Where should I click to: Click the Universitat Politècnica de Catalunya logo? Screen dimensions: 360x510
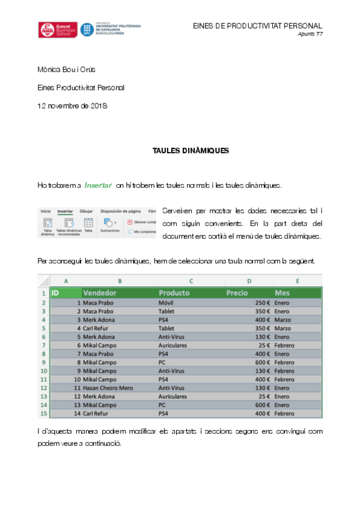(111, 30)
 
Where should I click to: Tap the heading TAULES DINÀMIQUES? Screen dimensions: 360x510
(191, 151)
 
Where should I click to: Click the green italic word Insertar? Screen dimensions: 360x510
(98, 185)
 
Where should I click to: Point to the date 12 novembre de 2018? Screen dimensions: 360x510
(72, 106)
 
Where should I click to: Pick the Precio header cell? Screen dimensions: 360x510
(237, 293)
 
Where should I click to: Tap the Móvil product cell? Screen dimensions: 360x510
(166, 303)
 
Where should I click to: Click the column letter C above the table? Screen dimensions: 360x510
(191, 281)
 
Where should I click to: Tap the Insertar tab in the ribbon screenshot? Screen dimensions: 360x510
(65, 211)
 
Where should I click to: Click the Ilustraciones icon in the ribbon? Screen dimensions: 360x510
(109, 224)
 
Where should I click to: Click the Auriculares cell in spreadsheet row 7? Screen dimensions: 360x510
(172, 345)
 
